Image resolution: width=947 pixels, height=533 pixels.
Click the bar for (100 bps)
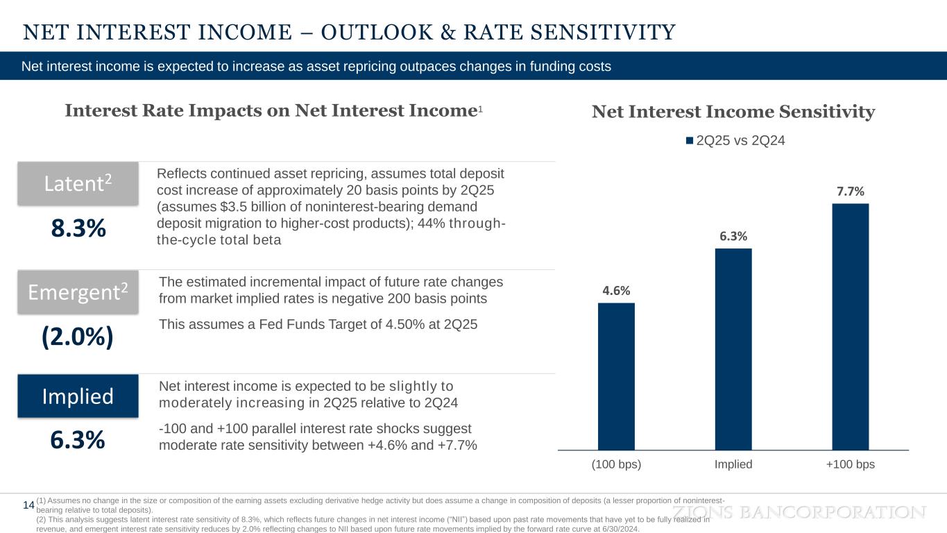coord(616,376)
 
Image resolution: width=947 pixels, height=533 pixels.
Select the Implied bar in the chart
coord(733,349)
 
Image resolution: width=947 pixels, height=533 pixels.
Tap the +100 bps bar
coord(851,326)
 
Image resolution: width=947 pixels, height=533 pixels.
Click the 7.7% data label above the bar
coord(851,191)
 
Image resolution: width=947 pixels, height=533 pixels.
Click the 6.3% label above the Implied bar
coord(733,236)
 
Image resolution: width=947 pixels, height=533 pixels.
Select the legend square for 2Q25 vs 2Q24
coord(690,141)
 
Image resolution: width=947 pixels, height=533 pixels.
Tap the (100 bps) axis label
coord(616,465)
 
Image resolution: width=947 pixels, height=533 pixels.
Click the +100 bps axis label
coord(851,465)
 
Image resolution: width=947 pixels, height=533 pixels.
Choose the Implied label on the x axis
coord(733,465)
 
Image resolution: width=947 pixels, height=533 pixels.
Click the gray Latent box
coord(78,183)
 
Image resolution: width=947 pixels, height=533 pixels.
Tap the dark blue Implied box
coord(78,396)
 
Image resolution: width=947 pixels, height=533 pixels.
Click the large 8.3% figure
coord(78,228)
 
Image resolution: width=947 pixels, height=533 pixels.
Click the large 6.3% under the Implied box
coord(78,440)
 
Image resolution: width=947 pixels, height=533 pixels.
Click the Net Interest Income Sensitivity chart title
coord(733,112)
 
